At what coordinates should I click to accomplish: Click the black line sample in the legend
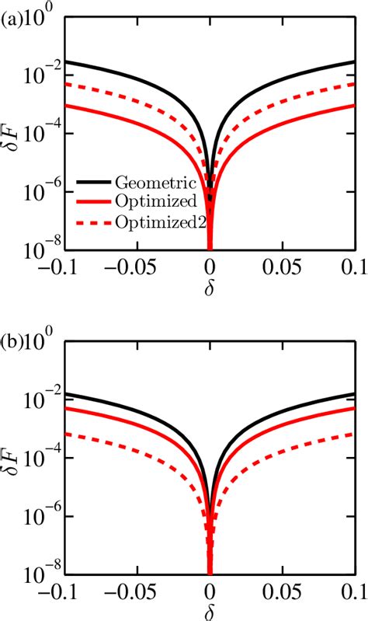95,183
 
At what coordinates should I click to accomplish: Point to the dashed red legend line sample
95,222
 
